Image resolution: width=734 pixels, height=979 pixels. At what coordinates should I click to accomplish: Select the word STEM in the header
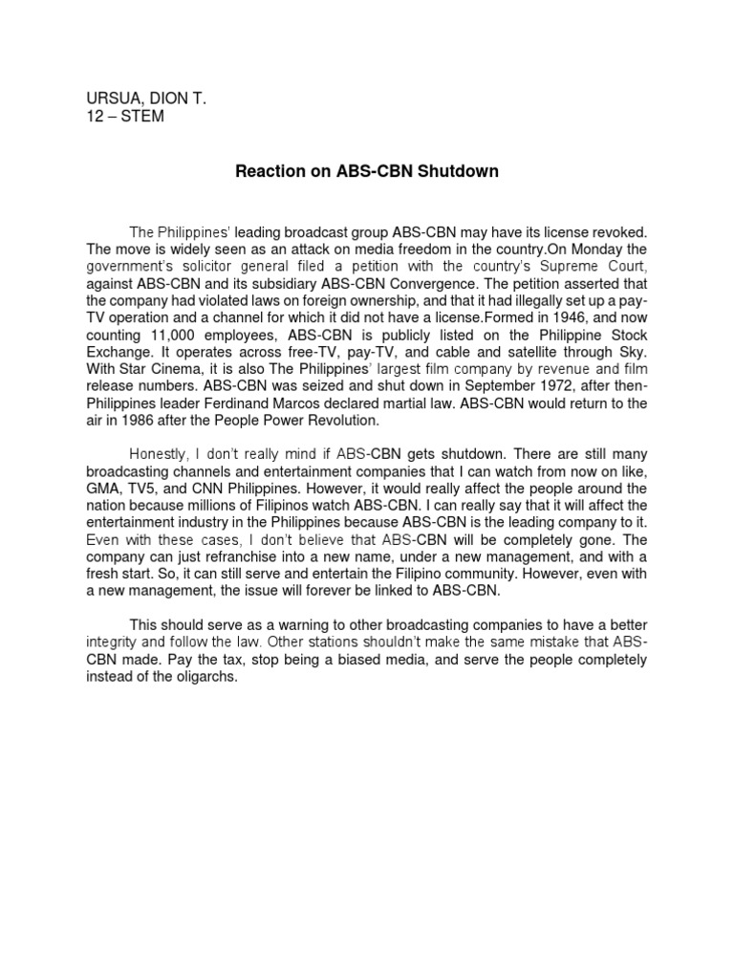coord(141,118)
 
